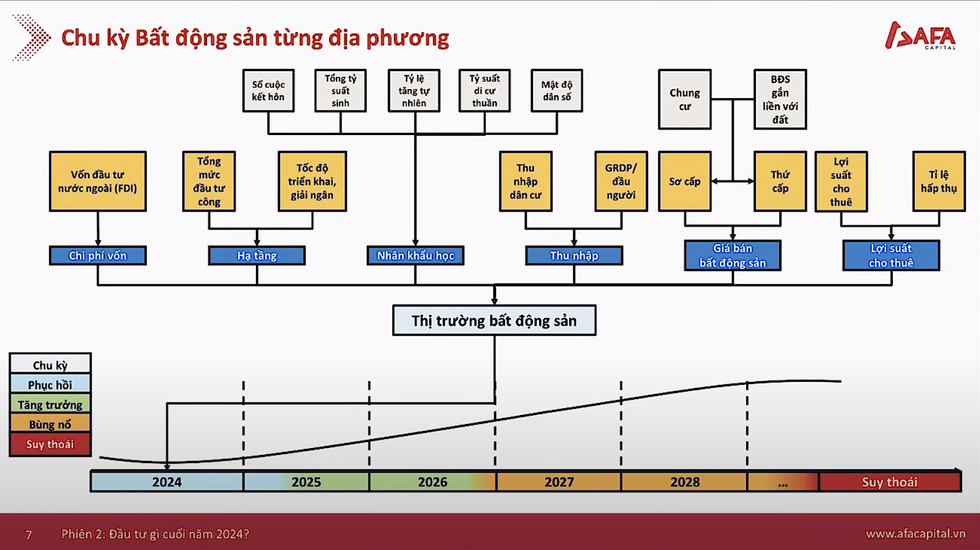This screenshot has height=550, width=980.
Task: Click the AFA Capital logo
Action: coord(920,36)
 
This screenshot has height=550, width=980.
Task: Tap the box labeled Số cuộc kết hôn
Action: coord(268,90)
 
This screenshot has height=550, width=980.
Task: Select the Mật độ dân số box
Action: coord(556,90)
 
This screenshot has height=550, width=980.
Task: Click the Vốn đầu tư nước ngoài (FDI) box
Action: coord(98,182)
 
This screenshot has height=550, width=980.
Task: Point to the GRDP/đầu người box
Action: coord(621,182)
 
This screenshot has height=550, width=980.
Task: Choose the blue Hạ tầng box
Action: coord(257,256)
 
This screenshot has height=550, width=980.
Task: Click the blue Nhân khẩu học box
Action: coord(415,256)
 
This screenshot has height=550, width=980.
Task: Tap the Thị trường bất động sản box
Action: coord(494,320)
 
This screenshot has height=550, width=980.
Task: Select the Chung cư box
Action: coord(685,99)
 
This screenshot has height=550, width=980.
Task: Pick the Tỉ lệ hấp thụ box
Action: coord(939,182)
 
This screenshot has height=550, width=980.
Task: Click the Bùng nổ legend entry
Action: coord(50,424)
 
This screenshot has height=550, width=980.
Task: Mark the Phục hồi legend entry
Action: coord(50,385)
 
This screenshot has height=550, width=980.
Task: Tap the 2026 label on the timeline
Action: coord(432,482)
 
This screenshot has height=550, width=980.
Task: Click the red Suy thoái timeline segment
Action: coord(890,482)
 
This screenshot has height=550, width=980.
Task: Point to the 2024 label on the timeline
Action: coord(166,482)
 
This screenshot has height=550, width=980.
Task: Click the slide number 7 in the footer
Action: coord(29,535)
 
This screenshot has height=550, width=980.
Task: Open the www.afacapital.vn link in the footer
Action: coord(916,534)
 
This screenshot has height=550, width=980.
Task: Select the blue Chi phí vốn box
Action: coord(98,256)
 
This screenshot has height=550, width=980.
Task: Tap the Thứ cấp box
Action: coord(780,182)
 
